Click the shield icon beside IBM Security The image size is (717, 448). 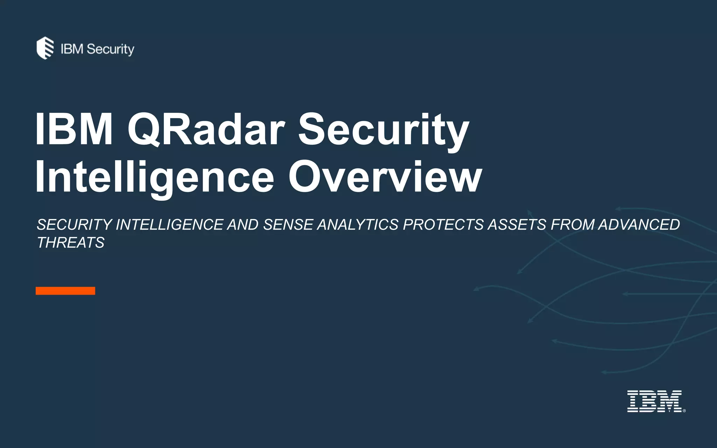pyautogui.click(x=45, y=48)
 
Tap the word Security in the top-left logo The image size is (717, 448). pyautogui.click(x=110, y=49)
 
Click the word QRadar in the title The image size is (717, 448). pyautogui.click(x=206, y=129)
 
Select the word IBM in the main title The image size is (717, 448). pyautogui.click(x=74, y=129)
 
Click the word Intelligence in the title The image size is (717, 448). pyautogui.click(x=154, y=177)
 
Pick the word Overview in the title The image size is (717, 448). pyautogui.click(x=385, y=177)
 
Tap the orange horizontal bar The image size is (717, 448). pyautogui.click(x=65, y=290)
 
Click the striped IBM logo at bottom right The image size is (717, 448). pyautogui.click(x=654, y=401)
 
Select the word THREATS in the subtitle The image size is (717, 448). pyautogui.click(x=71, y=243)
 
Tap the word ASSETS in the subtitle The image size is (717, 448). pyautogui.click(x=517, y=225)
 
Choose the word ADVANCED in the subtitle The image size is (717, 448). pyautogui.click(x=639, y=225)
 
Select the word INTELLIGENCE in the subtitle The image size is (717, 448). pyautogui.click(x=169, y=225)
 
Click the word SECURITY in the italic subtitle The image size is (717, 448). pyautogui.click(x=75, y=225)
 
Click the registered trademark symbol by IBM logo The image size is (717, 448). pyautogui.click(x=684, y=411)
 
